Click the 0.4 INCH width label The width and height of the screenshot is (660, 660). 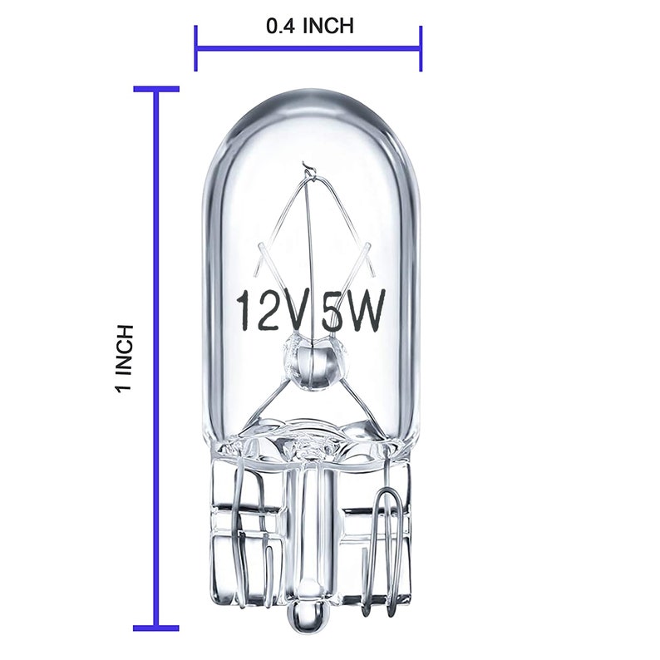(x=309, y=26)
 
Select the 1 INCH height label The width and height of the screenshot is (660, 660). (x=126, y=358)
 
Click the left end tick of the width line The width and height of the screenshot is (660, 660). (x=196, y=48)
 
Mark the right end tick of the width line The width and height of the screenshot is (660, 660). (x=421, y=48)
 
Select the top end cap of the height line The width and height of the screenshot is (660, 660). (x=156, y=88)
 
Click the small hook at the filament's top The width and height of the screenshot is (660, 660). (x=309, y=167)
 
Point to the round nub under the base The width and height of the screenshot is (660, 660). (x=308, y=619)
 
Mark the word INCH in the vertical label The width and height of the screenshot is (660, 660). (x=126, y=350)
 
